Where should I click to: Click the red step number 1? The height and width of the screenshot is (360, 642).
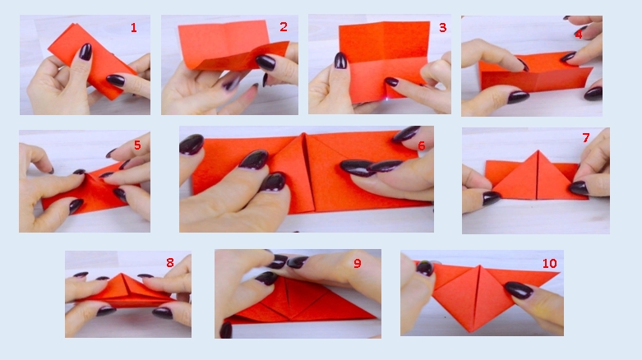pyautogui.click(x=133, y=27)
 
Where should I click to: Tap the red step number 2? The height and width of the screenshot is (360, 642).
pyautogui.click(x=284, y=27)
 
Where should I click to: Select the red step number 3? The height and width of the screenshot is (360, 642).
pyautogui.click(x=442, y=27)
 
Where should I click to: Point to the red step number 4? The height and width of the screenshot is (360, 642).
pyautogui.click(x=578, y=34)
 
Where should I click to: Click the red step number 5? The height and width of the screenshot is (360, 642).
pyautogui.click(x=137, y=145)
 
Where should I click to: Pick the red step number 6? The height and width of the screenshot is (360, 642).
pyautogui.click(x=422, y=145)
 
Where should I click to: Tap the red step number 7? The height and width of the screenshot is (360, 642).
pyautogui.click(x=586, y=137)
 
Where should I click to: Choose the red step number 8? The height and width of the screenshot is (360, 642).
pyautogui.click(x=170, y=262)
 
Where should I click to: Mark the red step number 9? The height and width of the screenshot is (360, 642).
pyautogui.click(x=358, y=263)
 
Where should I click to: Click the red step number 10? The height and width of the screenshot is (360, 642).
pyautogui.click(x=549, y=263)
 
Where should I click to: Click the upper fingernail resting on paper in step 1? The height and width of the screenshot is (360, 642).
pyautogui.click(x=85, y=52)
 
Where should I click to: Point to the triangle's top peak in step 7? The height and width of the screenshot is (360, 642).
pyautogui.click(x=538, y=150)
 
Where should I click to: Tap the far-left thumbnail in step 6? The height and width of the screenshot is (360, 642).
pyautogui.click(x=192, y=144)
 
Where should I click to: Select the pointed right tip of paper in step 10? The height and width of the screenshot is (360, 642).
pyautogui.click(x=558, y=273)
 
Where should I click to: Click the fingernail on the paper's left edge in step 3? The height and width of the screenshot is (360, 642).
pyautogui.click(x=340, y=60)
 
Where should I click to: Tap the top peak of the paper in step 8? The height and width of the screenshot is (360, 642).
pyautogui.click(x=122, y=274)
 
